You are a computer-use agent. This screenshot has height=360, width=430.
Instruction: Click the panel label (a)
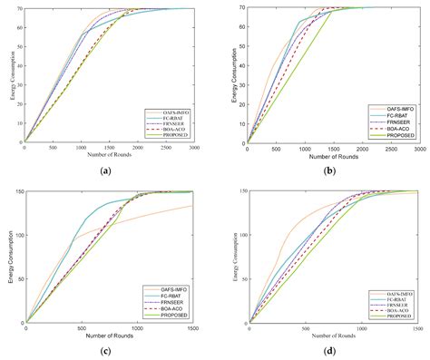[106, 170]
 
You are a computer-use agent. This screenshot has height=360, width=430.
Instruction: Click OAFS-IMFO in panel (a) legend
[175, 112]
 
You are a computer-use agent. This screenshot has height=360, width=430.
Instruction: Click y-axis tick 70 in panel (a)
[19, 8]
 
